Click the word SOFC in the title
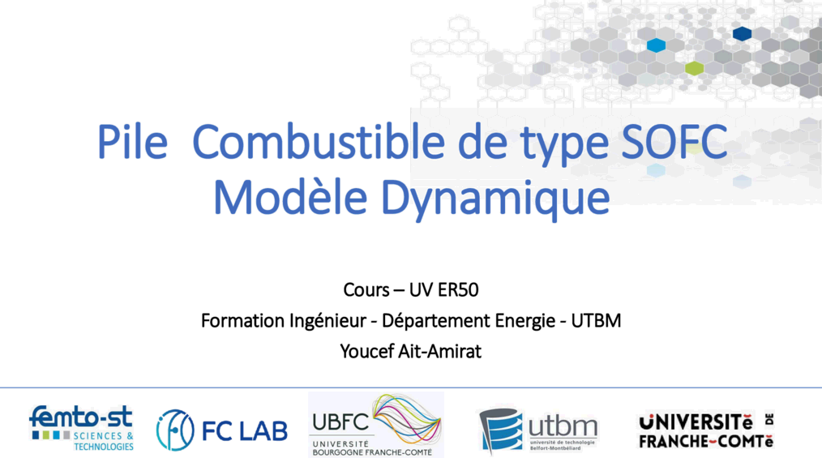[674, 142]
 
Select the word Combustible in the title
[319, 142]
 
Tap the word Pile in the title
[132, 142]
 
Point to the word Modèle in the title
[290, 197]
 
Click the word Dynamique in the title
[494, 200]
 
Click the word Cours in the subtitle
[366, 289]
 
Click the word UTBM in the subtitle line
[596, 321]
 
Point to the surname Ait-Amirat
[440, 351]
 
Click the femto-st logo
[81, 428]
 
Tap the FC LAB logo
[222, 430]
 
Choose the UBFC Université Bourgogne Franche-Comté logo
[376, 425]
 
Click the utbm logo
[537, 430]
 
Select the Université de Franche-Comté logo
[706, 430]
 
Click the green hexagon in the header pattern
[694, 68]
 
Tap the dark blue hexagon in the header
[742, 34]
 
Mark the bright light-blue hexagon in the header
[656, 45]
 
